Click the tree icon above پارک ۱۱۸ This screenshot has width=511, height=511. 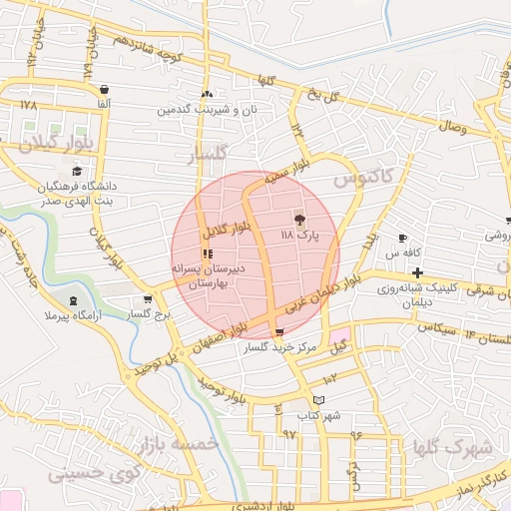tap(298, 219)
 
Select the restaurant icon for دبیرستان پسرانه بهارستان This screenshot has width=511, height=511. tap(207, 255)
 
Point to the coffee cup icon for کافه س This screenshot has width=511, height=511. tap(402, 239)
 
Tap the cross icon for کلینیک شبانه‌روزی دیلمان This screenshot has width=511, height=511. tap(417, 272)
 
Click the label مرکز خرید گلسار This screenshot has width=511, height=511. tap(280, 348)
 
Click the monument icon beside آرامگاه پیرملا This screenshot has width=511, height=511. tap(72, 300)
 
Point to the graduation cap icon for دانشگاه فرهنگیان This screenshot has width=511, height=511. tap(78, 171)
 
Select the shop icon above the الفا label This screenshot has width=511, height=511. tap(105, 88)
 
